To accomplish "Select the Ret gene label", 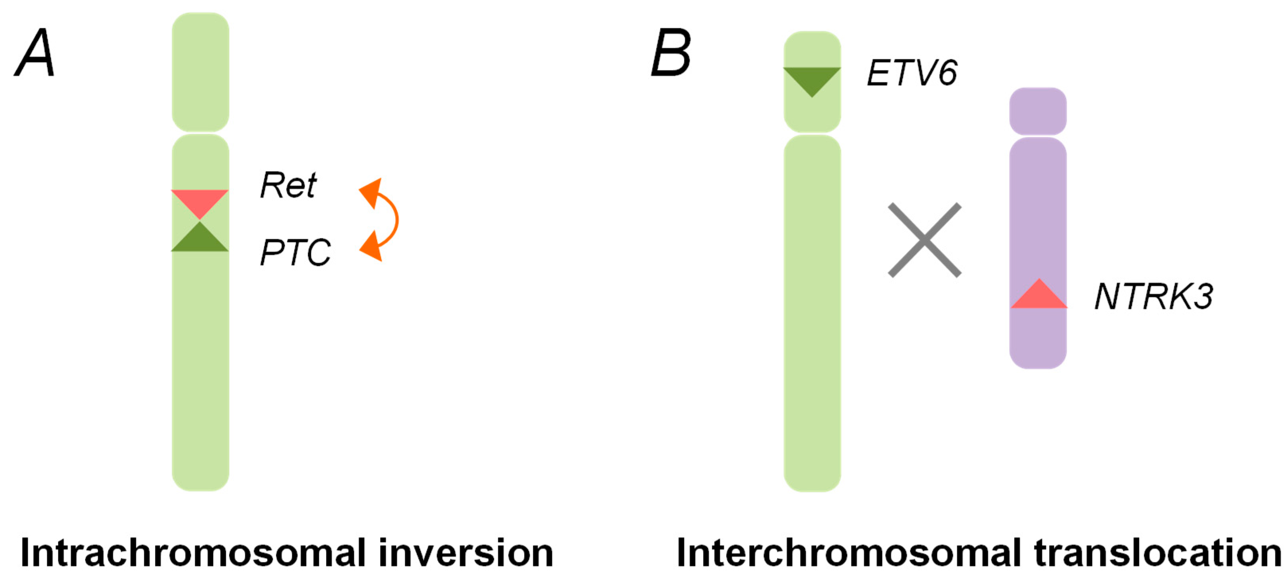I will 288,185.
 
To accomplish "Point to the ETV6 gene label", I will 912,73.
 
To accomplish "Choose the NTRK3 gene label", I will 1153,296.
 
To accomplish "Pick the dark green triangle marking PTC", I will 200,240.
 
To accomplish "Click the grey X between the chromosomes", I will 924,240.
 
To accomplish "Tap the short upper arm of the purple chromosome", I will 1038,111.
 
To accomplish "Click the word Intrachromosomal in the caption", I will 193,553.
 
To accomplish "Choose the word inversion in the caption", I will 466,553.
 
